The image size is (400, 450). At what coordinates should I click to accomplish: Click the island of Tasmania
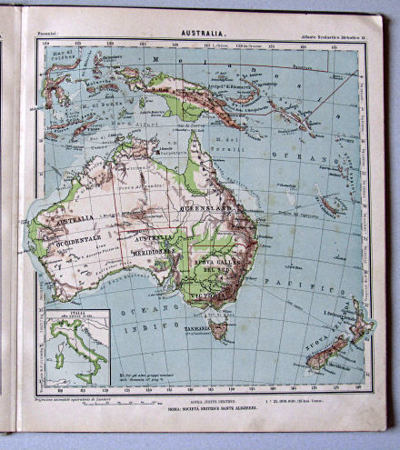point(219,327)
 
